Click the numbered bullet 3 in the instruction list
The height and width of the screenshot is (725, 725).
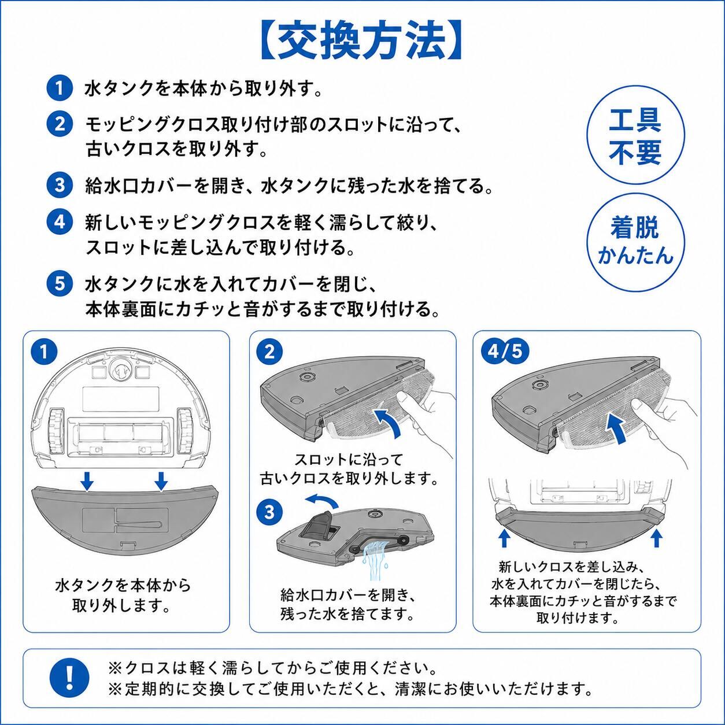(x=60, y=186)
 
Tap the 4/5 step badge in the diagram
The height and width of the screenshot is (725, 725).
(x=505, y=352)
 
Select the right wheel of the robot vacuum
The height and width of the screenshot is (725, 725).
(x=186, y=430)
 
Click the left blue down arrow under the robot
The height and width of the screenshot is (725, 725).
(x=87, y=481)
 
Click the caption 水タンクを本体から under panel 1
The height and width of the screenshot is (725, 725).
(x=123, y=586)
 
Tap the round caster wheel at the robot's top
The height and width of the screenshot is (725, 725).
(x=121, y=371)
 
